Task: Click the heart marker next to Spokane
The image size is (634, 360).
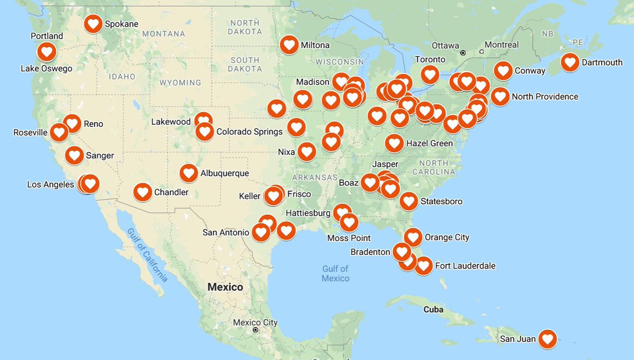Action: pos(93,23)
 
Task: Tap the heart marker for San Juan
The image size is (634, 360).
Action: pos(547,338)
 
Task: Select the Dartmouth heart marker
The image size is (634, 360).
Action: pos(570,62)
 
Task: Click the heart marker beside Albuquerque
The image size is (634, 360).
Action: pos(189,173)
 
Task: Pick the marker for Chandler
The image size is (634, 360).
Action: pos(143,192)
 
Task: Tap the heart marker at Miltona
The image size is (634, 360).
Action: pos(289,45)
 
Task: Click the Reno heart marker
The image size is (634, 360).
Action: pos(72,124)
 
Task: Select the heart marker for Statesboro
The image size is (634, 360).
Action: pos(408,201)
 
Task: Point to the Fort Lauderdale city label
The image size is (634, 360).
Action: pos(465,266)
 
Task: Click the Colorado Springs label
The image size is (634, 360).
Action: pos(249,132)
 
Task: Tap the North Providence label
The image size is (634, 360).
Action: pos(545,97)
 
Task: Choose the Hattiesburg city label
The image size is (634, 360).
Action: pos(308,213)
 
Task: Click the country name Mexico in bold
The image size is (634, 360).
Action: pos(225,288)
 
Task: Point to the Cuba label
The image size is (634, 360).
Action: pos(433,309)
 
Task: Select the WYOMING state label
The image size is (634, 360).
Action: pos(180,83)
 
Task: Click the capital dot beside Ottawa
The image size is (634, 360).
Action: pos(462,52)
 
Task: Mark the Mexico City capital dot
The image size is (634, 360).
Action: pos(255,330)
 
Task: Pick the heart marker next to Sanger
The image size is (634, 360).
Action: pos(74,155)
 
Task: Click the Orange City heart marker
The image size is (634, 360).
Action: pos(413,237)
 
